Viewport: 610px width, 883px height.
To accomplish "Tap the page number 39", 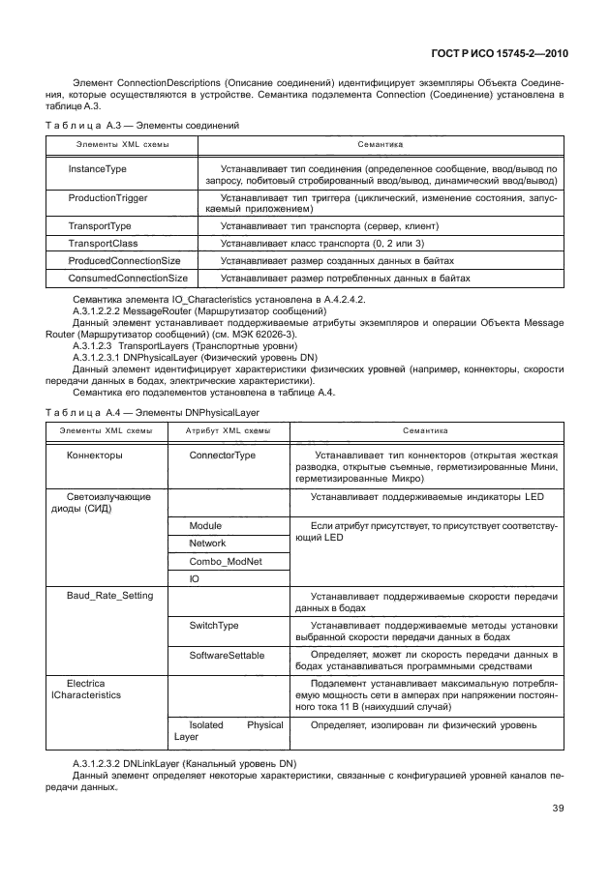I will tap(559, 809).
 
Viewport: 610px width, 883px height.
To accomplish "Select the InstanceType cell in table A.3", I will tap(97, 169).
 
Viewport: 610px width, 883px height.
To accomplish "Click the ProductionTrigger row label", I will tap(107, 197).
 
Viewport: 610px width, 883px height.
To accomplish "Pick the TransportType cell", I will tap(100, 225).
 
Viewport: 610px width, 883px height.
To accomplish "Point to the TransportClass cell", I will tap(103, 243).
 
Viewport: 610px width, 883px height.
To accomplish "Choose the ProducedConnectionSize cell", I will tap(124, 261).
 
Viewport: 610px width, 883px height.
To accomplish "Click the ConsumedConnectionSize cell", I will tap(128, 279).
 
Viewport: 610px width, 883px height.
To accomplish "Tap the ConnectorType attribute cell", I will tap(223, 455).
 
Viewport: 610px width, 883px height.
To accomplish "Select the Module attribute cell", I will tap(205, 525).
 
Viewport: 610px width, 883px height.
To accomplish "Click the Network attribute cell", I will tap(207, 544).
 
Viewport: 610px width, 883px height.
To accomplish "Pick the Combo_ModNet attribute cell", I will tap(225, 561).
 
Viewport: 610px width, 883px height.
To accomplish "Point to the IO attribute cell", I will tap(194, 579).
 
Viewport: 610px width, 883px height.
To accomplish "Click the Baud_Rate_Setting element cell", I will tap(109, 596).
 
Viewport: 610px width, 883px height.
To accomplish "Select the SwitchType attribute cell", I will tap(214, 626).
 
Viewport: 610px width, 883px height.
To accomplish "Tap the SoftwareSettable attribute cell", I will tap(227, 655).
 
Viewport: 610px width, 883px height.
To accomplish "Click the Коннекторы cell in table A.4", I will tap(94, 455).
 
